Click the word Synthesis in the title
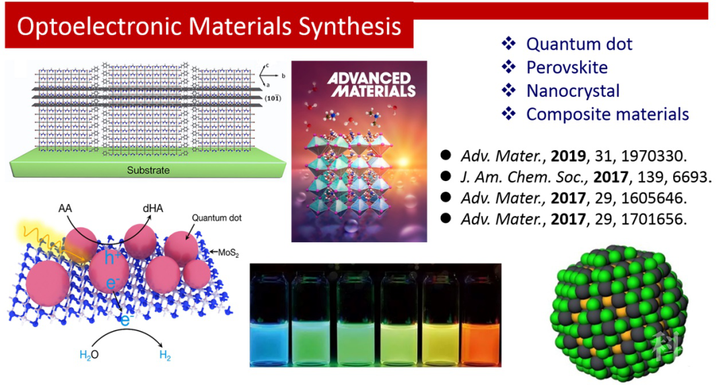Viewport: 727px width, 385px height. tap(350, 28)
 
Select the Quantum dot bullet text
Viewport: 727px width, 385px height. tap(579, 44)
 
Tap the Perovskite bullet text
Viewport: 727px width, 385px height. tap(567, 67)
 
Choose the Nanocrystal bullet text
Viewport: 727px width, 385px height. tap(573, 91)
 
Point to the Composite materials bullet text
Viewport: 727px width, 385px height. tap(608, 114)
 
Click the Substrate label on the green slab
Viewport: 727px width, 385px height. tap(148, 170)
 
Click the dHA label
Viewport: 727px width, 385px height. tap(153, 209)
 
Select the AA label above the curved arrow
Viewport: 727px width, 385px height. tap(65, 209)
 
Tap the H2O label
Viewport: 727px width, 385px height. tap(89, 355)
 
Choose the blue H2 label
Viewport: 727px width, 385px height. tap(165, 355)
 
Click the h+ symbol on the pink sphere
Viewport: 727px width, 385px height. tap(110, 257)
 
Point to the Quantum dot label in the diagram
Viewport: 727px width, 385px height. tap(217, 218)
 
